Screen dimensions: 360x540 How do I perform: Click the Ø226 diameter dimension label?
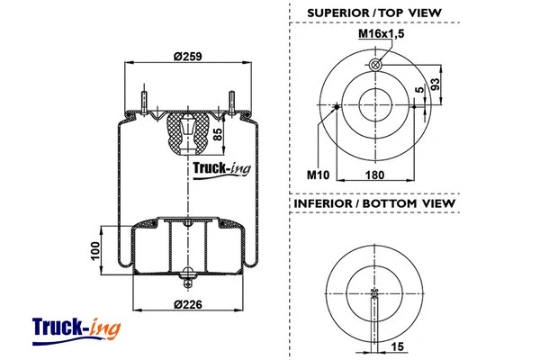(x=187, y=302)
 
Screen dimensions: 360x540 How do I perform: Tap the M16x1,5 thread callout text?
(x=381, y=33)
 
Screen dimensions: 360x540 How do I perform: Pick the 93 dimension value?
(x=436, y=86)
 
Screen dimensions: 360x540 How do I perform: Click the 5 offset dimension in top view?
(x=419, y=90)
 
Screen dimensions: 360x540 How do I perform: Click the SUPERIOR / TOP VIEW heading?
(x=373, y=12)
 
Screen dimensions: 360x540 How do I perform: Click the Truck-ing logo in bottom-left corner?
(x=76, y=328)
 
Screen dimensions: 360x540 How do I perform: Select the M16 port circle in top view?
(x=374, y=66)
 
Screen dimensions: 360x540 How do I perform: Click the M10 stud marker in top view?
(x=336, y=106)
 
